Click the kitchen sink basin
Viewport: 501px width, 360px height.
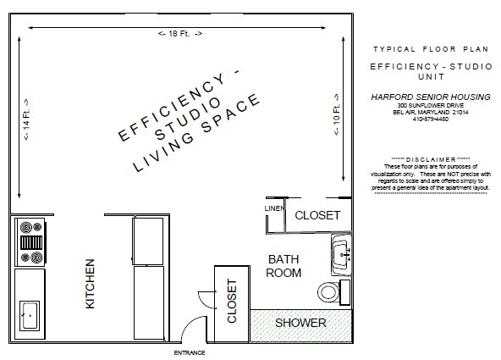(x=27, y=317)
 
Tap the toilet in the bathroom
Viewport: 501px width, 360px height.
(x=330, y=292)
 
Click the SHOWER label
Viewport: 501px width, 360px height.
(x=300, y=323)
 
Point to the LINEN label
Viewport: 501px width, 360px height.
(x=273, y=208)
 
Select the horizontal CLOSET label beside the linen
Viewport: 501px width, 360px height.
(x=317, y=216)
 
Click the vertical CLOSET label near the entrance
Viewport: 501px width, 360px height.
(x=231, y=302)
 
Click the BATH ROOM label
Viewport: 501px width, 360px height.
(x=284, y=265)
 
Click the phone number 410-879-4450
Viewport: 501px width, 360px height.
(x=431, y=119)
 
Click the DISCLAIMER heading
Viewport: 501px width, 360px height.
(x=432, y=159)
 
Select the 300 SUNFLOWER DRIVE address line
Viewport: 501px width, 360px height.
(x=431, y=105)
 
